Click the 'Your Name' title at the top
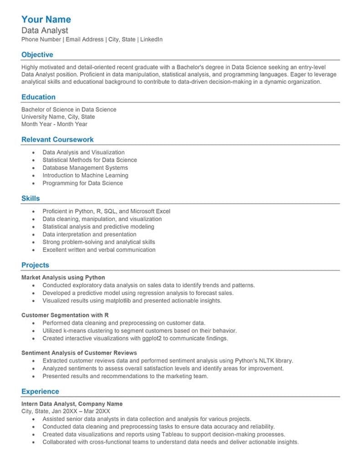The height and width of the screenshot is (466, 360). click(x=46, y=20)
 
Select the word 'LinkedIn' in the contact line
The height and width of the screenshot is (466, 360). click(x=151, y=40)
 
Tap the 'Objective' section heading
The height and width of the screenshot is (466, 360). click(x=37, y=55)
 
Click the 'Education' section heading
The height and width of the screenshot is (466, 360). click(x=38, y=97)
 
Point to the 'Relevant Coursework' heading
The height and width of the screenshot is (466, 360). click(x=57, y=140)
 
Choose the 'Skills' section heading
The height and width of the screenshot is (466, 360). click(x=30, y=198)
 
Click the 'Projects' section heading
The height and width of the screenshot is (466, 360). click(x=35, y=265)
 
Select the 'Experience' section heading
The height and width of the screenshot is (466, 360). click(x=40, y=391)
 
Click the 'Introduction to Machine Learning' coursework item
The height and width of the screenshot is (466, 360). click(x=85, y=175)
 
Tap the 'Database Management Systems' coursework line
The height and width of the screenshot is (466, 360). click(x=85, y=167)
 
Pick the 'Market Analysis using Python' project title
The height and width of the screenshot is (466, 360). click(x=63, y=277)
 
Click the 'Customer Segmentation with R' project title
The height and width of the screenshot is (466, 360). click(x=65, y=315)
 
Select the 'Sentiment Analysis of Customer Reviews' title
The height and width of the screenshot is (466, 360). click(x=79, y=353)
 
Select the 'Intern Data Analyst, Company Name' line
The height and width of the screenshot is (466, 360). click(x=72, y=404)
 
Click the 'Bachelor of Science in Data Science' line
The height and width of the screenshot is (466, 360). click(x=69, y=109)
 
